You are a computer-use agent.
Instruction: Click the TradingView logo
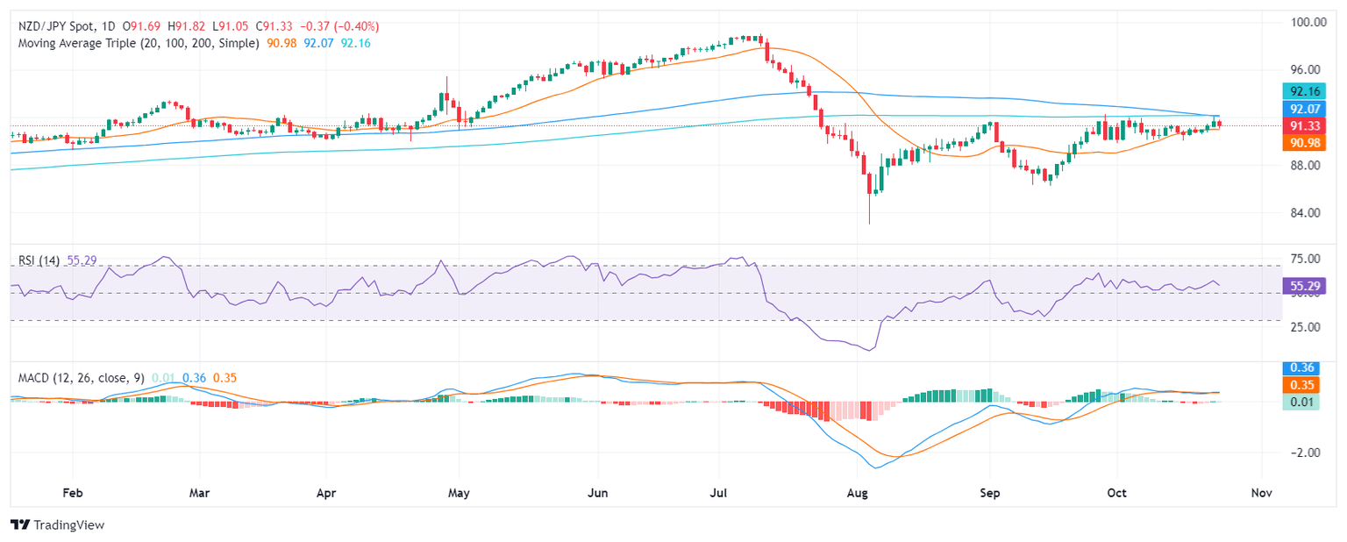[x=57, y=524]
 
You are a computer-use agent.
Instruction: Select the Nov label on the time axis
[x=1261, y=493]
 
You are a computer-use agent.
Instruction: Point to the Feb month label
[x=72, y=493]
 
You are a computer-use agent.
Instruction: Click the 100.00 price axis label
[x=1301, y=22]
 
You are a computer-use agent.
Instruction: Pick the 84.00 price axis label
[x=1301, y=212]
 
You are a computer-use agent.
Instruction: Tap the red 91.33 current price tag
[x=1301, y=125]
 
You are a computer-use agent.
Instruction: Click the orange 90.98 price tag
[x=1301, y=142]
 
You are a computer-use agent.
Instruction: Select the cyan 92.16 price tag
[x=1301, y=91]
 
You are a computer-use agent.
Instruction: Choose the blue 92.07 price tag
[x=1301, y=109]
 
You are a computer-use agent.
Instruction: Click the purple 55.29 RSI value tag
[x=1301, y=285]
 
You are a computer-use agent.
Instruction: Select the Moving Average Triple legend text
[x=139, y=43]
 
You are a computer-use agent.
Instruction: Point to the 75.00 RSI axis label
[x=1301, y=259]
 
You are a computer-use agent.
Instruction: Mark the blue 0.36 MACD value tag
[x=1301, y=368]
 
